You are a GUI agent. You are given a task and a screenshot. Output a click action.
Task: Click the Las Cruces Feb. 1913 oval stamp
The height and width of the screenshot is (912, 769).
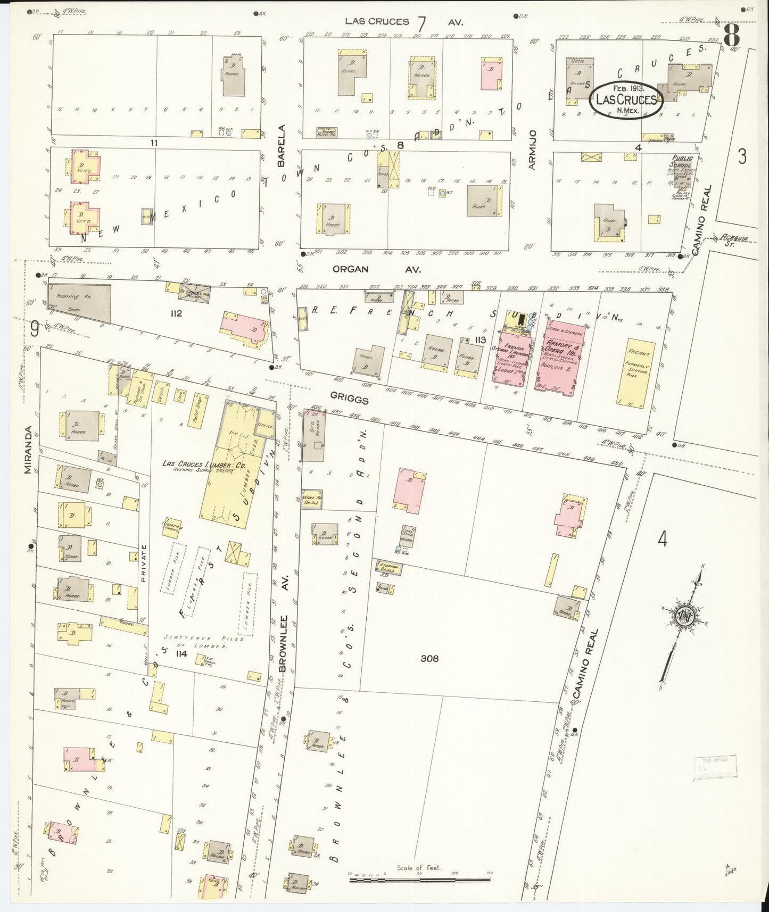pos(626,100)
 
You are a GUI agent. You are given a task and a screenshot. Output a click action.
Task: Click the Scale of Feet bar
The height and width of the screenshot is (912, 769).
pos(420,881)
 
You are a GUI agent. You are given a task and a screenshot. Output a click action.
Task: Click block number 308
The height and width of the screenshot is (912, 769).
pos(429,658)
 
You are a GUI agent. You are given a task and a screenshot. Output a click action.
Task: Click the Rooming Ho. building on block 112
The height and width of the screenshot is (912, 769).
pos(79,303)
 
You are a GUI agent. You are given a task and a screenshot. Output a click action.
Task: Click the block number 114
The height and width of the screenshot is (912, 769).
pos(181,653)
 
